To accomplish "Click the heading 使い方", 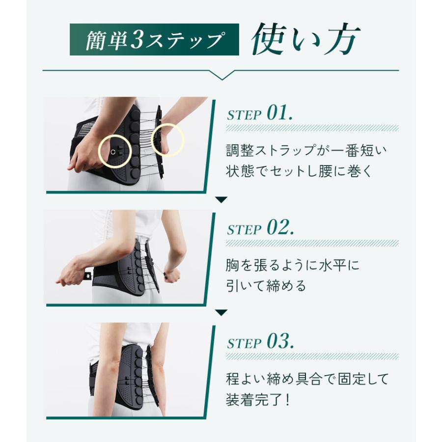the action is (x=305, y=39).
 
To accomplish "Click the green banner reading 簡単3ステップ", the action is (x=154, y=39).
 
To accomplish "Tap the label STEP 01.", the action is (x=260, y=113).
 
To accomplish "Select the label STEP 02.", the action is (x=260, y=227).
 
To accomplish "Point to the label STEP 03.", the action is (x=260, y=341).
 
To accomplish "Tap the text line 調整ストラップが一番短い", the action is (x=306, y=150).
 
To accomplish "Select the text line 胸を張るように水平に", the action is (x=293, y=265).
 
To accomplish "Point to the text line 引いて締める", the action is (x=266, y=286).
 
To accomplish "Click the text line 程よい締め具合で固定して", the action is (x=307, y=379).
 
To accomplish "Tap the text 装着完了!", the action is (x=258, y=400).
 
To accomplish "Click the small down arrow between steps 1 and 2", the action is (x=221, y=200).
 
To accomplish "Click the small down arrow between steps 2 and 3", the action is (x=221, y=313).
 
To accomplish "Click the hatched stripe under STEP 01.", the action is (x=312, y=128).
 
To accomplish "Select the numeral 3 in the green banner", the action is (x=138, y=40).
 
